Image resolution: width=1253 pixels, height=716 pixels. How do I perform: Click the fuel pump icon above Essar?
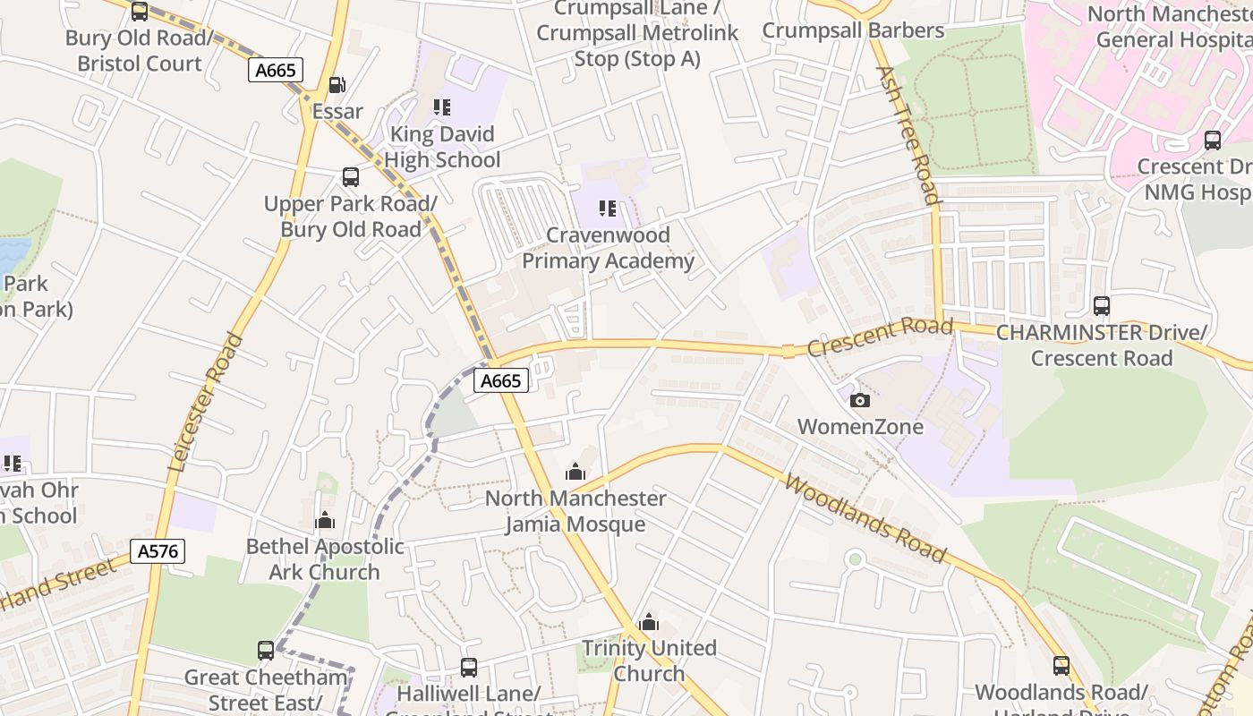337,85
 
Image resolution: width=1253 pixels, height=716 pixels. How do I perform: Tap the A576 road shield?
158,551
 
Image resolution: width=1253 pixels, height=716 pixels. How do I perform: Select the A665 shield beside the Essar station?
276,70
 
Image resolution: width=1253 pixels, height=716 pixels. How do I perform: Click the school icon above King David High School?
442,107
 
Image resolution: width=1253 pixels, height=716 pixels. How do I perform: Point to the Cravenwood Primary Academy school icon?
608,209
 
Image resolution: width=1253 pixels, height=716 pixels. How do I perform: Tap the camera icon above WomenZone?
859,400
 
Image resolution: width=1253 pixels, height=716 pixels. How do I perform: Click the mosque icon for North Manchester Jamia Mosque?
575,472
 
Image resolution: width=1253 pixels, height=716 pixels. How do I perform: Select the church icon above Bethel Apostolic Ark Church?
325,520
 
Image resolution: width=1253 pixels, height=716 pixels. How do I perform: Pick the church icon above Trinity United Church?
649,622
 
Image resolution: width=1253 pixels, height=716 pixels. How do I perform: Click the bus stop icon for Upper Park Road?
351,177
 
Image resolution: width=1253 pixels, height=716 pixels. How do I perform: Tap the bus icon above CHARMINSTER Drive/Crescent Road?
1102,306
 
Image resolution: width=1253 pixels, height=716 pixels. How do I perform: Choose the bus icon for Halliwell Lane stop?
468,667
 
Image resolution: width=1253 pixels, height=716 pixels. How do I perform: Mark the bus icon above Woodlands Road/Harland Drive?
1061,666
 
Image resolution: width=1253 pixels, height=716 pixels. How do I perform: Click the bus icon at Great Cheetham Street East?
266,651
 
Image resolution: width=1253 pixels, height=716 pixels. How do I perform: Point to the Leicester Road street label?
206,402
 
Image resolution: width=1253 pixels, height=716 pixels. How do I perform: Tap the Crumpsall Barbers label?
853,30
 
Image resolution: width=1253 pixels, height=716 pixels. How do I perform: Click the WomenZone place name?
860,427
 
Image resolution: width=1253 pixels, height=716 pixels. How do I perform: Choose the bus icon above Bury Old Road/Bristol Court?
140,12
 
